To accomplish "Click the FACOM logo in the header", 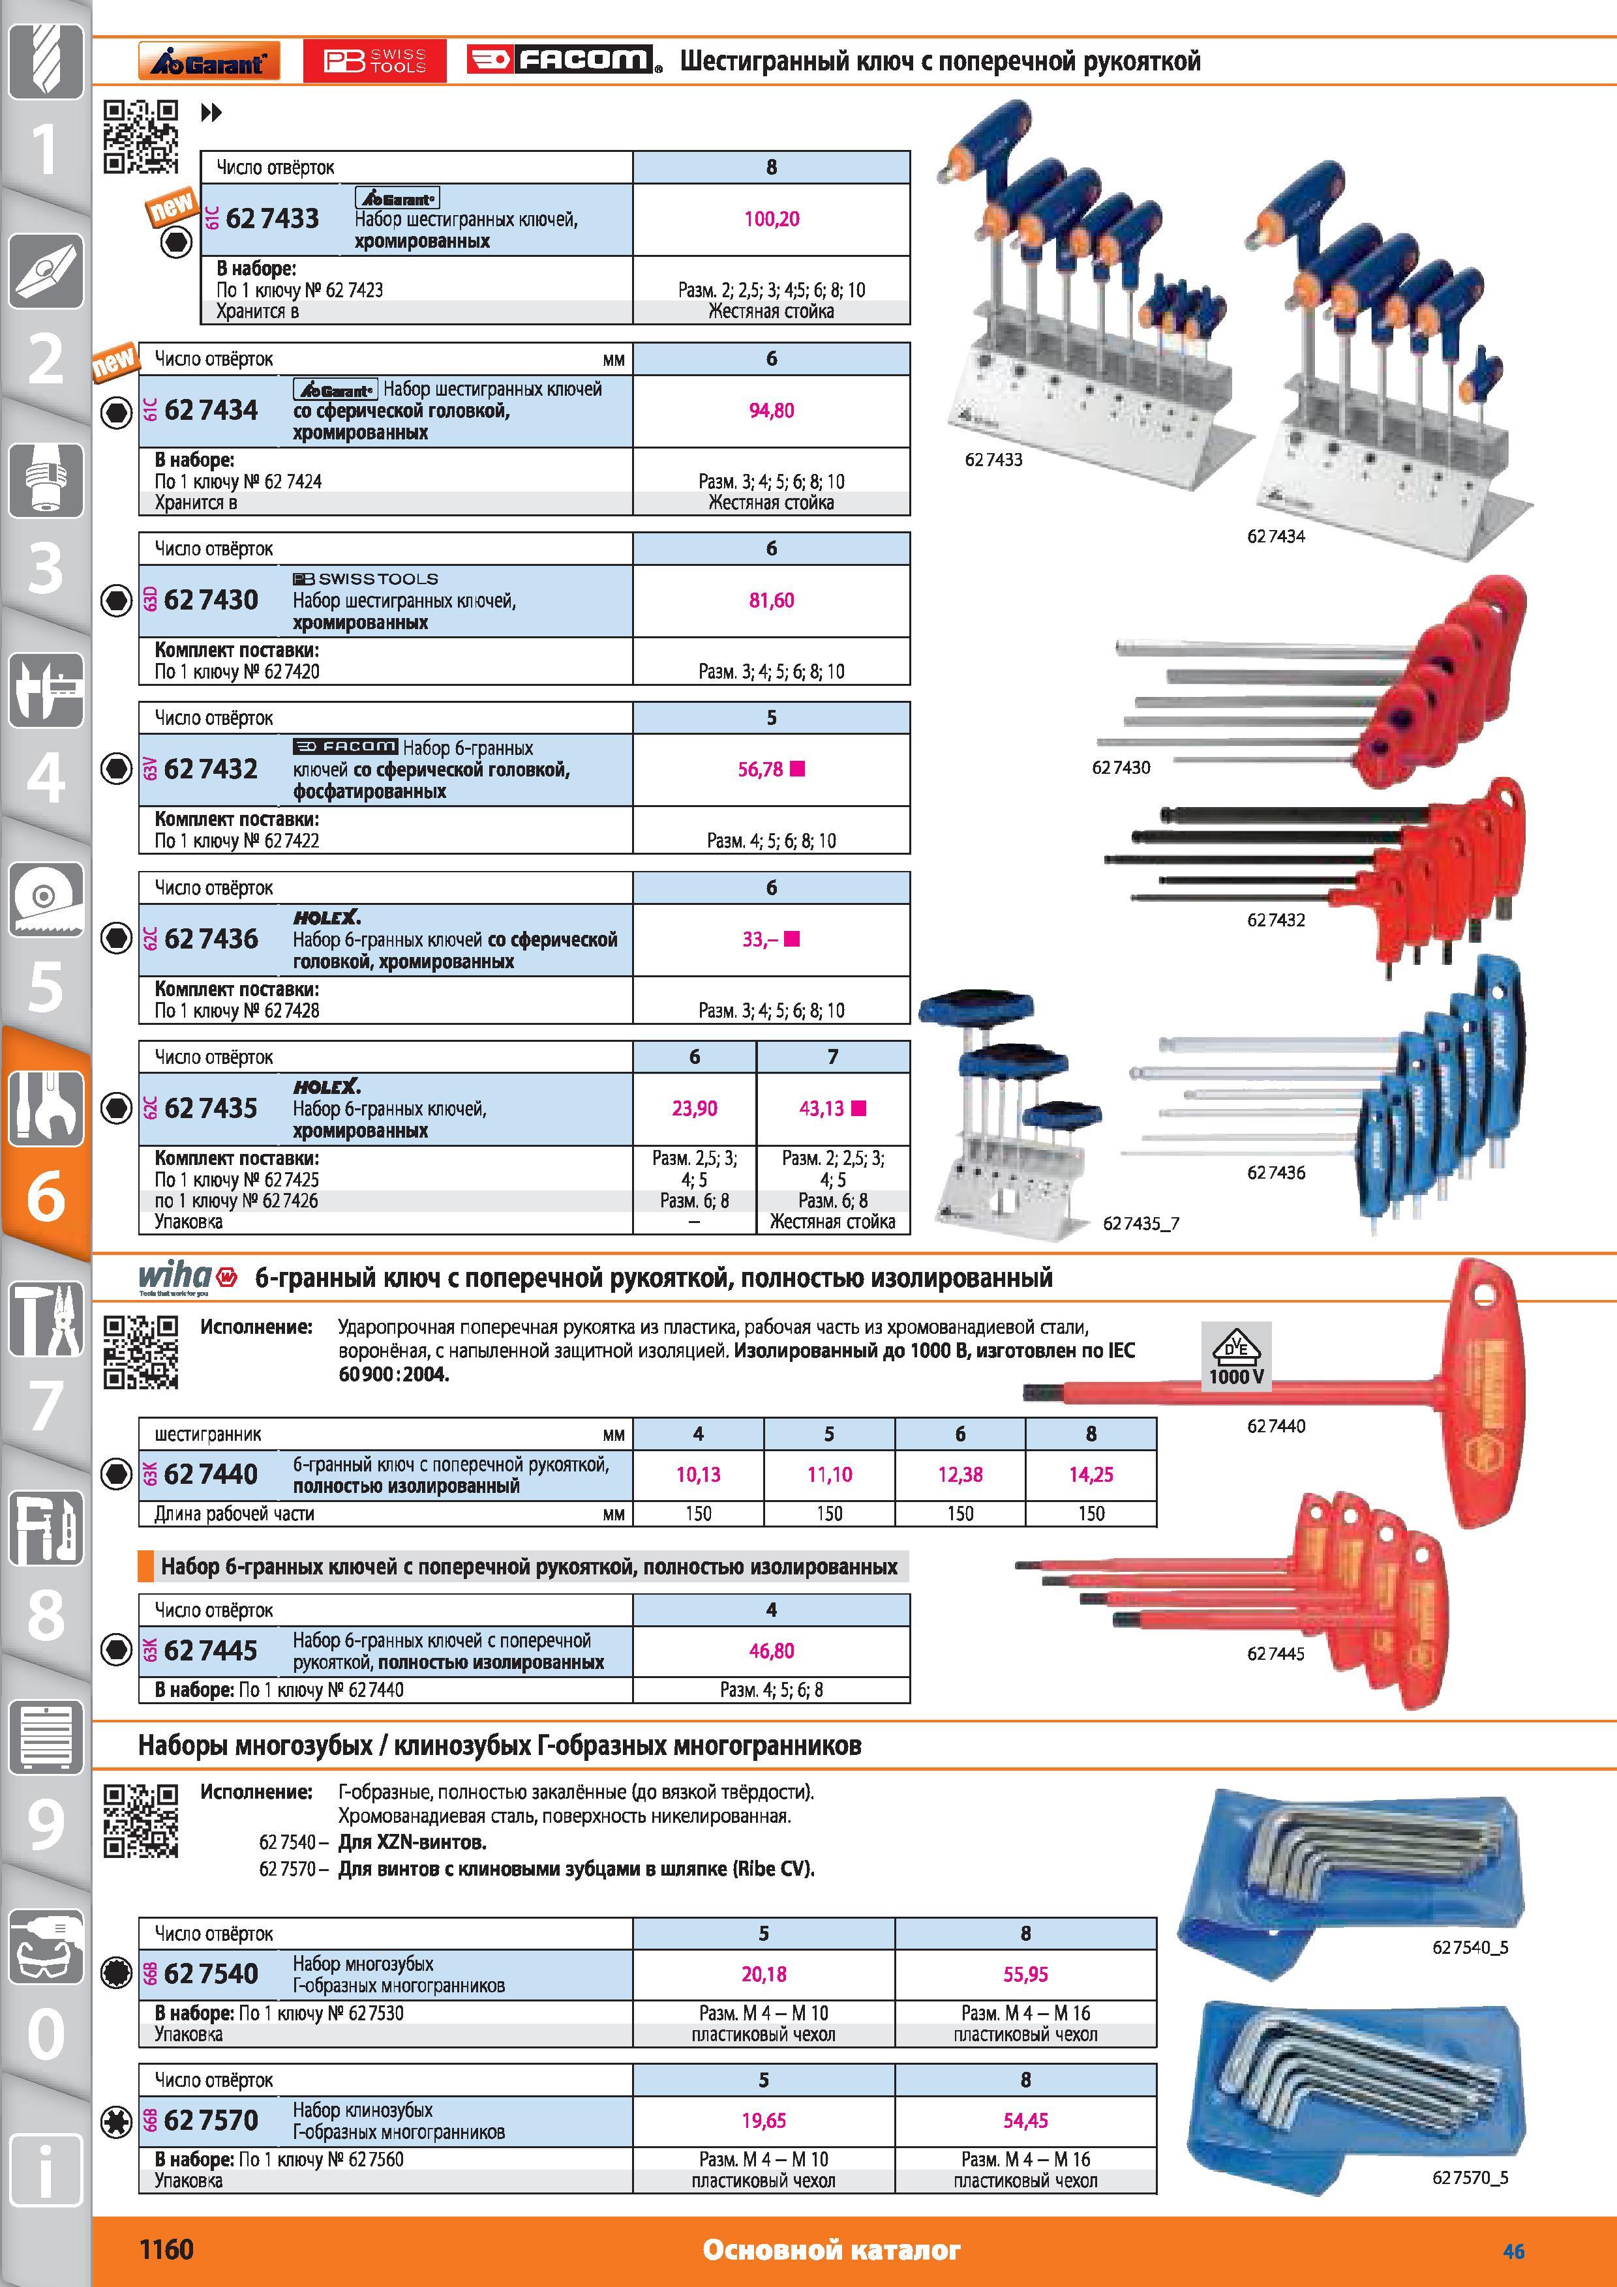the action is (x=564, y=61).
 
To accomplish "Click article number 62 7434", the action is (x=211, y=410).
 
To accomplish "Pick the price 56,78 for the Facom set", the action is (x=760, y=770).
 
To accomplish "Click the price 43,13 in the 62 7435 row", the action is (x=821, y=1109).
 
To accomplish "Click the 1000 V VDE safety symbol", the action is (x=1237, y=1355).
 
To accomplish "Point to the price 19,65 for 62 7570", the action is (x=763, y=2121).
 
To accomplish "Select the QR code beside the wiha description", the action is (x=142, y=1351).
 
